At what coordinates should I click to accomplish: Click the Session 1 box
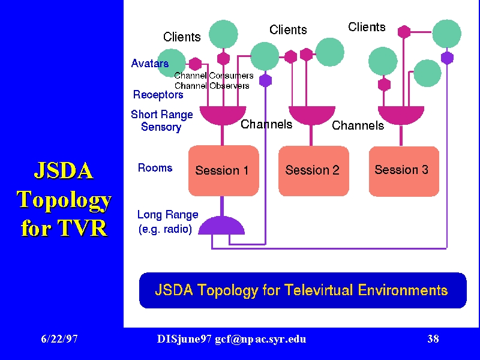coord(223,170)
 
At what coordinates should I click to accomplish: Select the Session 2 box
coord(313,170)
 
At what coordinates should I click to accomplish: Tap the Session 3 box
coord(404,171)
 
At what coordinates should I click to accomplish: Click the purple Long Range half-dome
coord(221,226)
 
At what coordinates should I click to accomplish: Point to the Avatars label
coord(149,64)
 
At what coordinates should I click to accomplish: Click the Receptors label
coord(158,95)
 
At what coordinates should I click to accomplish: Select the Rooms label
coord(155,168)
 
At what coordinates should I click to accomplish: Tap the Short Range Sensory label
coord(161,121)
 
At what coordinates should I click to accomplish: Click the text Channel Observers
coord(212,86)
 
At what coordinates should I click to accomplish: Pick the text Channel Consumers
coord(214,76)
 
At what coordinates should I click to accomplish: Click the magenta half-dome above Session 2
coord(312,115)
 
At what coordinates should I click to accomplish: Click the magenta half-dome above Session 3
coord(401,115)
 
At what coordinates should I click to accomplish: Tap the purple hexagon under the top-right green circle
coord(447,58)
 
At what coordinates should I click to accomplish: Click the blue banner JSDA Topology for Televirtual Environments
coord(303,290)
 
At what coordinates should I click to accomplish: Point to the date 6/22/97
coord(59,339)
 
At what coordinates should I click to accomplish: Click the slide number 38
coord(433,339)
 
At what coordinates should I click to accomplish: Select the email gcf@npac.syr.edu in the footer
coord(260,339)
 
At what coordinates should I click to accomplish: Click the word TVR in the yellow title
coord(82,228)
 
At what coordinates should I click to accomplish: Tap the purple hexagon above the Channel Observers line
coord(265,80)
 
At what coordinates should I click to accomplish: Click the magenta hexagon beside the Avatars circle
coord(195,64)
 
